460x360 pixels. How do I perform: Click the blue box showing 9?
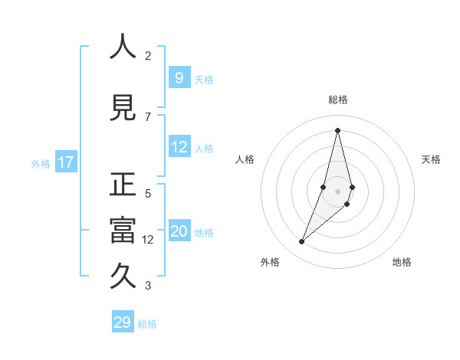179,77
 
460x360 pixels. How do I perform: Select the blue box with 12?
179,147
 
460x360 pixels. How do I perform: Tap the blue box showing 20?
179,231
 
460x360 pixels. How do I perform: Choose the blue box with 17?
65,162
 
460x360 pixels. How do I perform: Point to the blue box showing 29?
123,322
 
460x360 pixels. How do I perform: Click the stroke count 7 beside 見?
148,116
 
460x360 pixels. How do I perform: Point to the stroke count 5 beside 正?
148,194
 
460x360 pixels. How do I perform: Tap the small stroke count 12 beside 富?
148,240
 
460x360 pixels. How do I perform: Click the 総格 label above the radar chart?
338,100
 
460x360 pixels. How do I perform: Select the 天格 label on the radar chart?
432,159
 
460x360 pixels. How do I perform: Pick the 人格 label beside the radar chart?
245,159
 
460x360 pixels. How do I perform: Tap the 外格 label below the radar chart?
270,262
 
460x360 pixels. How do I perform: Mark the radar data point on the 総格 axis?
337,130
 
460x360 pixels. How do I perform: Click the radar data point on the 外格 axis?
302,242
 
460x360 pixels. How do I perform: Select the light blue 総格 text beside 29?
147,324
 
